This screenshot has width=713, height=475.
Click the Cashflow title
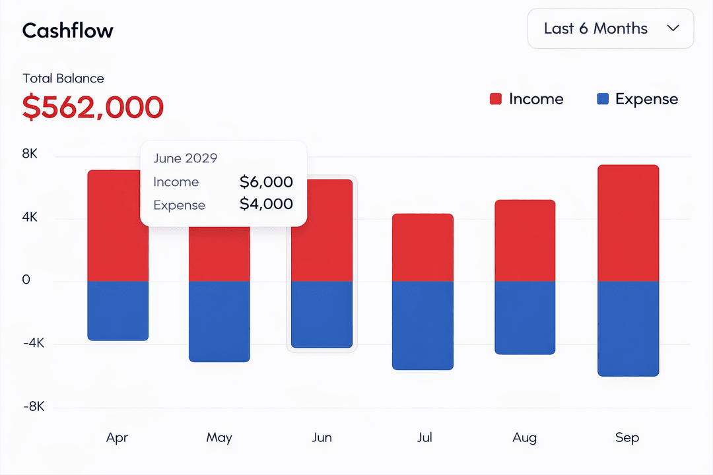68,30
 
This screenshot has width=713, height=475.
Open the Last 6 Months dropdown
611,29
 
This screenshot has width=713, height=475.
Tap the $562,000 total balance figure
93,107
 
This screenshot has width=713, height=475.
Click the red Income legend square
496,99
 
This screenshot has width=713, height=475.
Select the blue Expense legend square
602,99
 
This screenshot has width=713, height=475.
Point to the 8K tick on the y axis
30,154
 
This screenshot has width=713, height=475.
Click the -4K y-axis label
33,343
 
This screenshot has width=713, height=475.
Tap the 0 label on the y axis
26,280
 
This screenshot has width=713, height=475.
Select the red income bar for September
628,223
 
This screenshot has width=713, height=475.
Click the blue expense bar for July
423,325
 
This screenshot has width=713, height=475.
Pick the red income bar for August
525,241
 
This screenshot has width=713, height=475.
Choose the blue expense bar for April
118,311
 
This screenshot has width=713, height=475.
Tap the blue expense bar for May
219,321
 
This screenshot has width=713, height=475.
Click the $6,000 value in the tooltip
266,182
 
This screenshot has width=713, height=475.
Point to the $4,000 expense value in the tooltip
266,205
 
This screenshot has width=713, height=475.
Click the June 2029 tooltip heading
186,158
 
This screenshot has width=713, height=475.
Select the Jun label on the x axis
322,437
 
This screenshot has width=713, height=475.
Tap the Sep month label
627,437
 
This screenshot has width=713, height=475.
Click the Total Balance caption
63,79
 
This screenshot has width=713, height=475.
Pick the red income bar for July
423,247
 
